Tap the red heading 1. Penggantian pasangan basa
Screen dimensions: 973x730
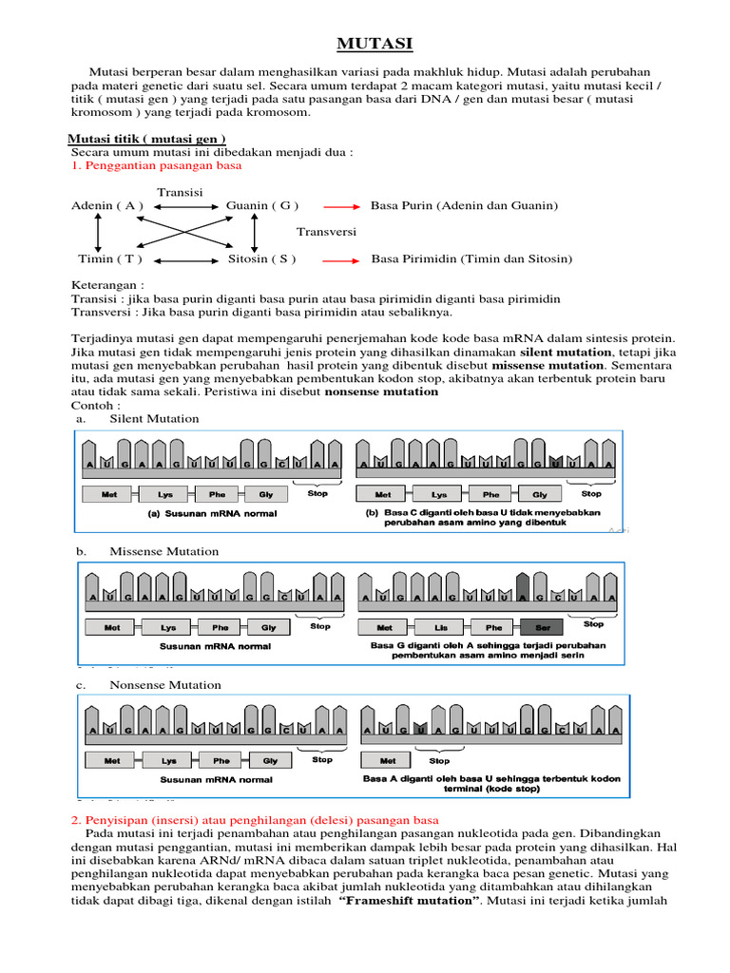pos(157,165)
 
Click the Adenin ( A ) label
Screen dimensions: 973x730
pos(107,205)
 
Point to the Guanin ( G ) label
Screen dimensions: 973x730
pos(262,205)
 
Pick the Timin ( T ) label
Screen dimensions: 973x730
pos(110,258)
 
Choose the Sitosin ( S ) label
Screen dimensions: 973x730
pos(262,258)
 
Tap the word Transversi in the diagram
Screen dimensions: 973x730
pos(326,232)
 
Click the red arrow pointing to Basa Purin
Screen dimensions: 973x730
pos(341,205)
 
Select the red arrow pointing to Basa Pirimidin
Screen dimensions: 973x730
pos(341,258)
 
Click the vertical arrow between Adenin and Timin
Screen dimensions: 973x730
pos(97,232)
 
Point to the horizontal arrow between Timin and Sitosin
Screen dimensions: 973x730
pos(186,259)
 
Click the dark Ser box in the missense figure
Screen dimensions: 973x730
pos(542,627)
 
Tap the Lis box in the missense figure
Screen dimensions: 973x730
pos(440,627)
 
